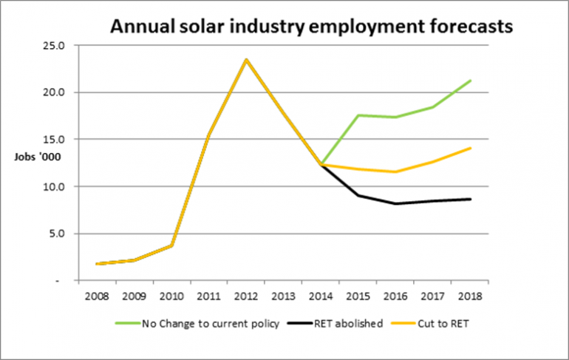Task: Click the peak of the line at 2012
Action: pyautogui.click(x=246, y=60)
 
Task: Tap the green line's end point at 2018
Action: pyautogui.click(x=471, y=81)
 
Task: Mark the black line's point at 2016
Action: pyautogui.click(x=396, y=203)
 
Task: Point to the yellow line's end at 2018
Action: pyautogui.click(x=471, y=148)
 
